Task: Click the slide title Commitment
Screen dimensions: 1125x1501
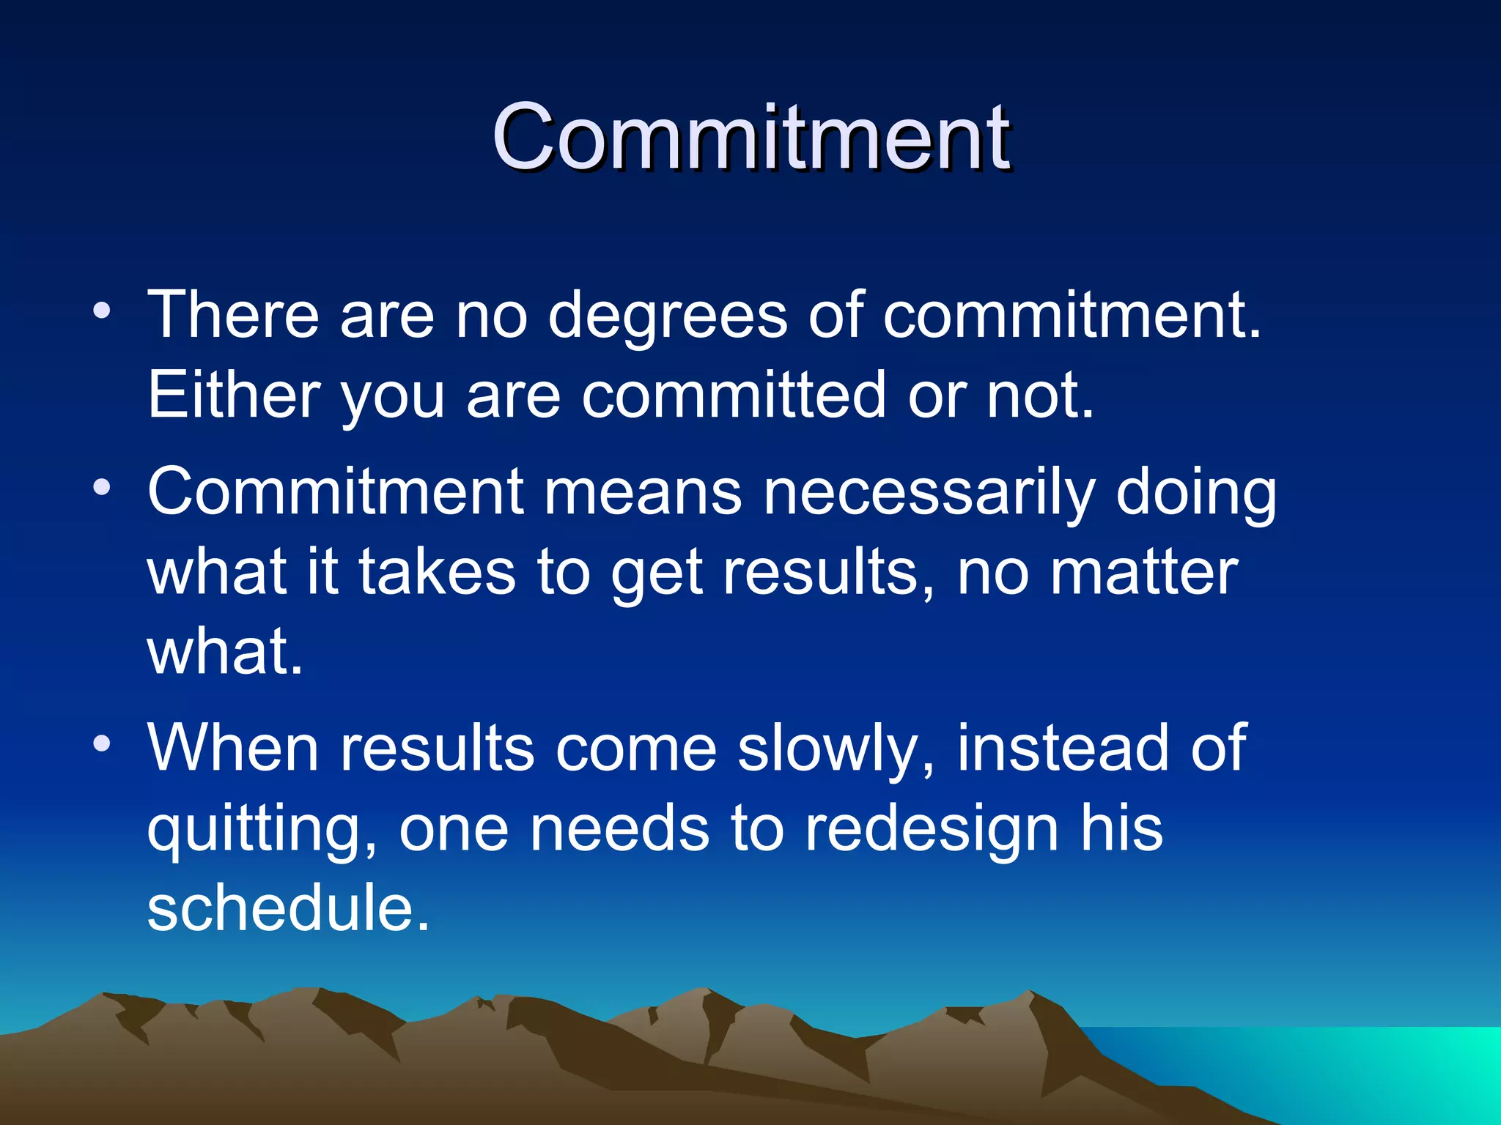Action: pos(750,137)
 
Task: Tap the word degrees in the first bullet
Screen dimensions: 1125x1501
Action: pos(667,316)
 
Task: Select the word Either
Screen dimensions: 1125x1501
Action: pos(234,396)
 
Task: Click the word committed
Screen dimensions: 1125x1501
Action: pos(734,396)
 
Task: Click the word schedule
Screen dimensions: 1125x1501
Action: pos(287,908)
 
